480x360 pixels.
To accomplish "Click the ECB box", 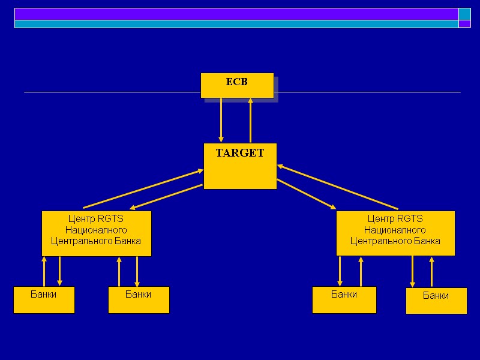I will coord(237,85).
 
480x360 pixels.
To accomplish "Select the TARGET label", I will coord(240,153).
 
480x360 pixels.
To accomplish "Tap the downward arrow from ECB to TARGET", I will coord(221,120).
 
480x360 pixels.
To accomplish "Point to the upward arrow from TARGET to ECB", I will coord(251,120).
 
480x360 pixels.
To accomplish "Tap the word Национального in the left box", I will coord(96,230).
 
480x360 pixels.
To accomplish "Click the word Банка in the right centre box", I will coord(427,241).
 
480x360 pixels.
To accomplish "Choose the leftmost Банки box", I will coord(44,300).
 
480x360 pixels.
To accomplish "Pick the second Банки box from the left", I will coord(139,300).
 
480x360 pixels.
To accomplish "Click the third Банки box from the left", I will coord(344,300).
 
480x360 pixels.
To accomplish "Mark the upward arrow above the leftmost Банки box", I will coord(44,271).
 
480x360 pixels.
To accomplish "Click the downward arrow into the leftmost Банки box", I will coord(59,271).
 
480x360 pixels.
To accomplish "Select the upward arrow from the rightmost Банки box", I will coord(431,272).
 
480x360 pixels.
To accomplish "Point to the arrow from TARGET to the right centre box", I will coord(306,194).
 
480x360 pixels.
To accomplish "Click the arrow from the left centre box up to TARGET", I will coord(144,188).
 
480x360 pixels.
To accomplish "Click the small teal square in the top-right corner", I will coord(464,14).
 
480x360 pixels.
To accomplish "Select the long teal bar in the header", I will coord(236,24).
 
